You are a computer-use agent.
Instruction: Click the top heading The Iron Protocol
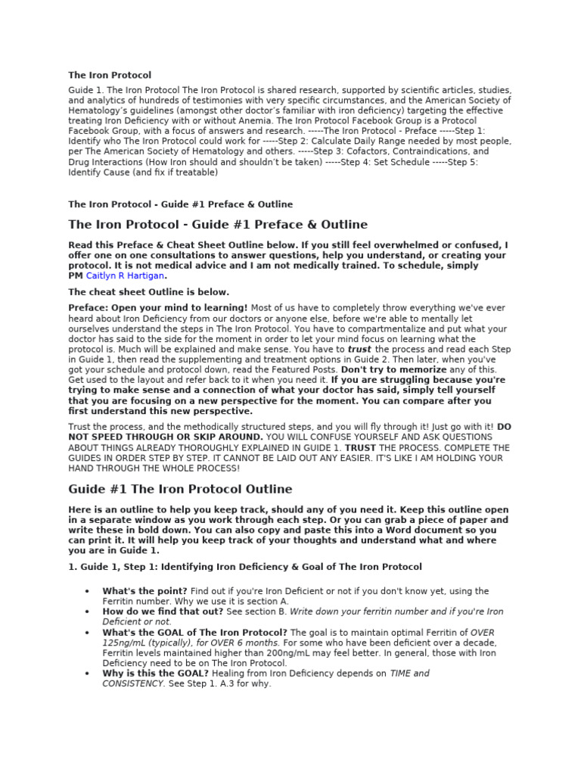(110, 75)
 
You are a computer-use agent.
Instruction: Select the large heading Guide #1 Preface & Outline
(218, 225)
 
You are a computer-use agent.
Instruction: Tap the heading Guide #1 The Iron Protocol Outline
(180, 489)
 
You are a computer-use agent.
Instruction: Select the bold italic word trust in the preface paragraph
(359, 350)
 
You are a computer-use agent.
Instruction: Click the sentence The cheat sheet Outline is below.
(148, 292)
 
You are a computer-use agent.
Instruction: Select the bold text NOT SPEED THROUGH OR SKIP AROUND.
(166, 437)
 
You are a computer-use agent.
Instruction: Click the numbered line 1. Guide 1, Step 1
(245, 566)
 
